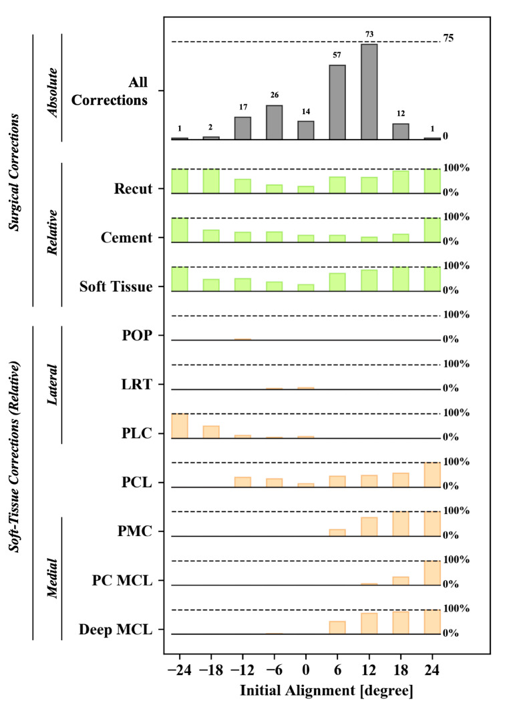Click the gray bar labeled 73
click(369, 91)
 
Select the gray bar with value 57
click(337, 102)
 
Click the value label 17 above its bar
click(242, 107)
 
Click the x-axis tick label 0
click(305, 671)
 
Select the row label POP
click(138, 334)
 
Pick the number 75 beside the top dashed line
click(448, 39)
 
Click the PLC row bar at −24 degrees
click(180, 426)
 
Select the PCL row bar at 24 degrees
click(432, 475)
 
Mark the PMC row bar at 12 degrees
click(369, 526)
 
